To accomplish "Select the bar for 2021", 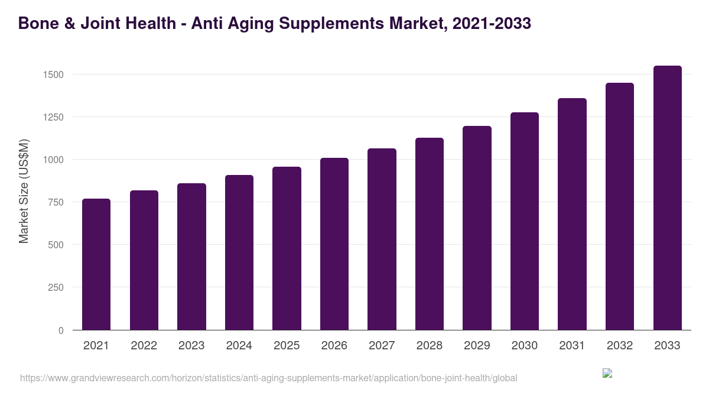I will pos(96,264).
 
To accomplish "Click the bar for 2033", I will pos(668,198).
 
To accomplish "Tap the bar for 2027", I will pos(382,239).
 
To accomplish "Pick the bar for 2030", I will pos(525,221).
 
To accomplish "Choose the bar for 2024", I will pos(239,252).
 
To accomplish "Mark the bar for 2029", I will pos(477,228).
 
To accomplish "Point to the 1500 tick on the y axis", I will pos(53,74).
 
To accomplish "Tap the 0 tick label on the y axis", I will pos(61,330).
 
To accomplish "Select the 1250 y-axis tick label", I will pos(53,117).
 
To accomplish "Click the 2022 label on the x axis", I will pos(144,346).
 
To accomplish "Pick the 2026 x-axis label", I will pos(334,346).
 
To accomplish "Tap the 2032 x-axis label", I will pos(620,346).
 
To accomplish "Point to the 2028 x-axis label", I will pos(430,346).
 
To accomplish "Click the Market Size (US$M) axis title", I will pos(24,191).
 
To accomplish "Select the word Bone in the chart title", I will pos(37,24).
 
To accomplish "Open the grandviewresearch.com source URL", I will pos(268,378).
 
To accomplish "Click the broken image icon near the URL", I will pos(607,373).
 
